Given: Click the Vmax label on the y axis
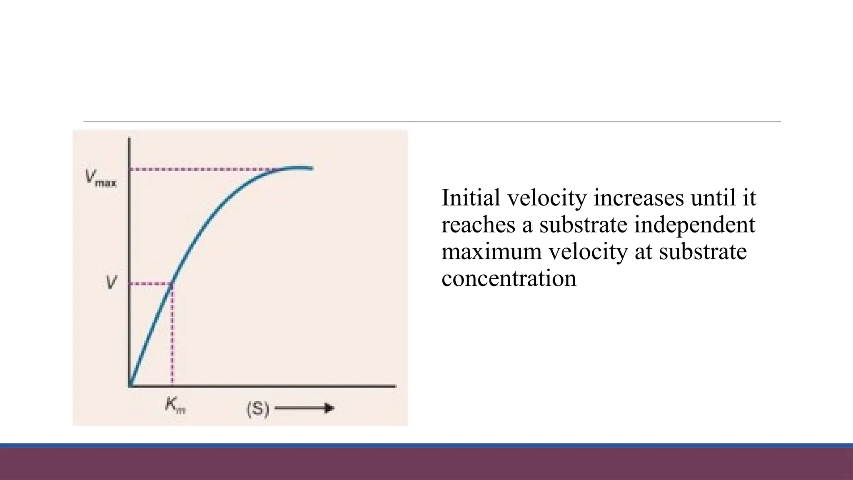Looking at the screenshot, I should (x=100, y=178).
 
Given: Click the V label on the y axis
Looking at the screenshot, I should (x=111, y=283).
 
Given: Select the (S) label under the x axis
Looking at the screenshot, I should (x=258, y=409).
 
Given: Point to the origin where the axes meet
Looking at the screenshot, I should (x=130, y=386).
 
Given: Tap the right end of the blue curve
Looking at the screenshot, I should (x=312, y=168).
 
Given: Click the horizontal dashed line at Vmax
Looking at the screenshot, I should (x=200, y=170).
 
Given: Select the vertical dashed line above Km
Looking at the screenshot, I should (x=172, y=333).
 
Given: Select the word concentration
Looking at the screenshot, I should (x=509, y=278).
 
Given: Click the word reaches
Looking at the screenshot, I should (x=478, y=225).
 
